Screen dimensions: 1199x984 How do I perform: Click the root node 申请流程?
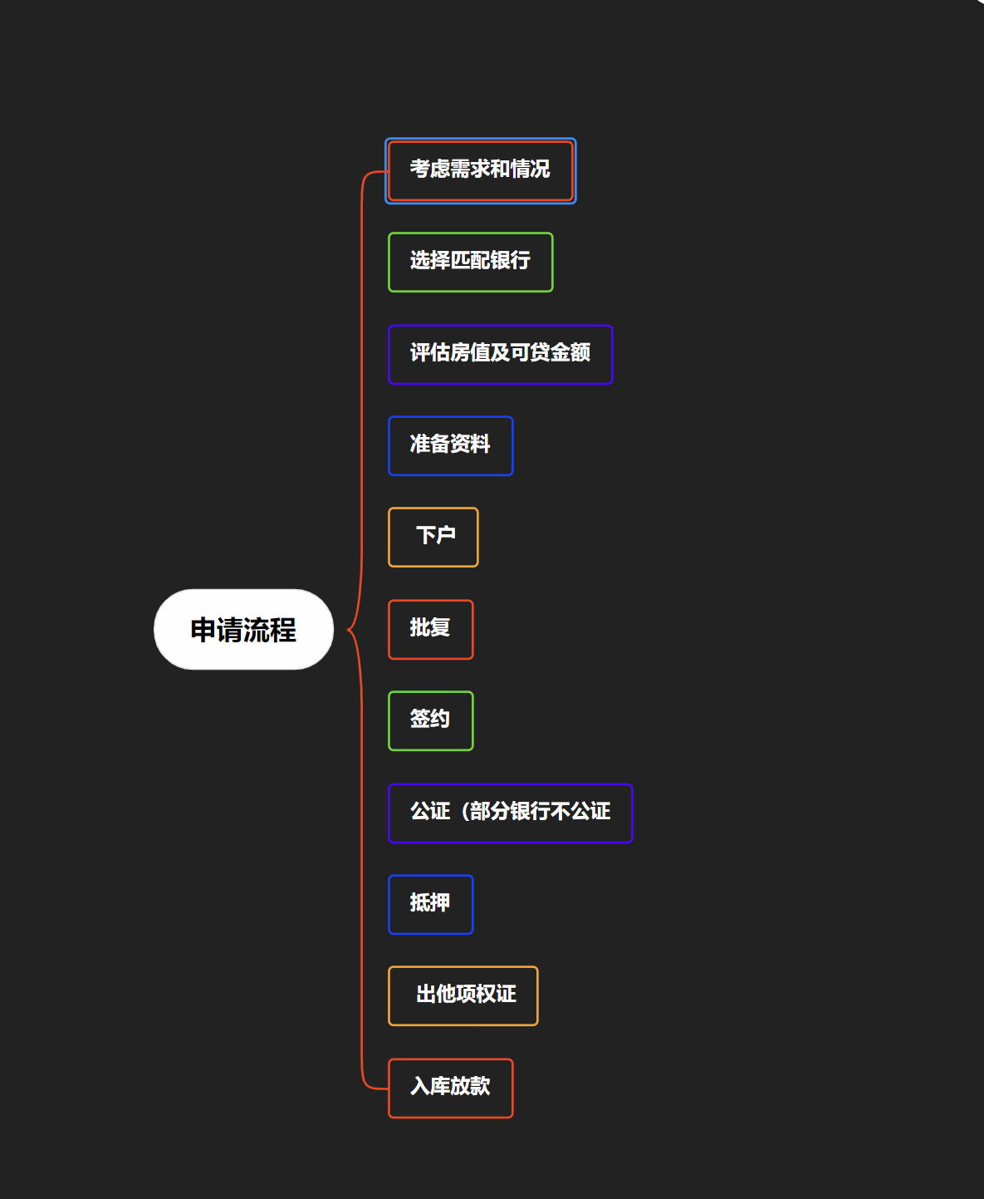(x=243, y=630)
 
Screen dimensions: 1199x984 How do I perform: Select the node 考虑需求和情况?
(x=480, y=170)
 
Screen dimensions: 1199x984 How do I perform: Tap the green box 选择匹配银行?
(x=470, y=262)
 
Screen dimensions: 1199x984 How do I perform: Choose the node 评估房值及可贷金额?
(x=500, y=354)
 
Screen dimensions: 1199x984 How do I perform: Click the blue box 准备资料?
(x=450, y=445)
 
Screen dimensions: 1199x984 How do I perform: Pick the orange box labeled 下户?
(x=433, y=537)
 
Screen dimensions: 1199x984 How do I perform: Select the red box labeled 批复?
(x=430, y=629)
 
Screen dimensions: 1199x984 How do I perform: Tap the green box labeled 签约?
(x=430, y=720)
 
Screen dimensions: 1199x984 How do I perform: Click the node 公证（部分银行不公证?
(x=510, y=813)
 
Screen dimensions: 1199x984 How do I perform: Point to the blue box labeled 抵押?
(x=430, y=904)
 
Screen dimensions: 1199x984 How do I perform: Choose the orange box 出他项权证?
(x=463, y=995)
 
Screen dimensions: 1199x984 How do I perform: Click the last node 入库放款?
(x=450, y=1088)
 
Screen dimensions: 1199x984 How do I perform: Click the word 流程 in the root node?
(x=270, y=630)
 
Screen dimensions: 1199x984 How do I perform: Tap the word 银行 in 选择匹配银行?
(x=510, y=261)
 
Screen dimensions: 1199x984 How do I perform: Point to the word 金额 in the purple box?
(x=570, y=353)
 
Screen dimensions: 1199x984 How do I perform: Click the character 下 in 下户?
(x=426, y=536)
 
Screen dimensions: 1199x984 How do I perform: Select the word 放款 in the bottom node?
(x=470, y=1087)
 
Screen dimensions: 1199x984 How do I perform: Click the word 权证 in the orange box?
(x=497, y=995)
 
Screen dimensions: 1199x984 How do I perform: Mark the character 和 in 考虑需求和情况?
(x=500, y=170)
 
